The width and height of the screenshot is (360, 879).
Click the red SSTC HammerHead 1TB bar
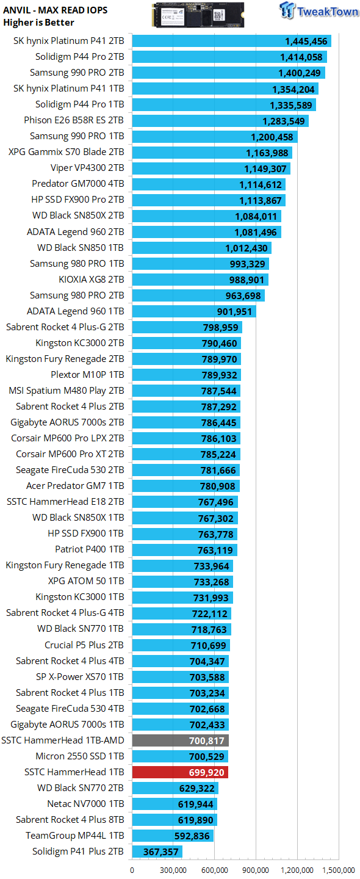tap(180, 772)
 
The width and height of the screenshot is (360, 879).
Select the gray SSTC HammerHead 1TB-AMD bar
tap(181, 740)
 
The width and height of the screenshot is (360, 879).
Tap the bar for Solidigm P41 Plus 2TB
tap(157, 851)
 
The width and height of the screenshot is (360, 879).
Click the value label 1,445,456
tap(306, 42)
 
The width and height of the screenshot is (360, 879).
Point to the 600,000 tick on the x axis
tap(214, 870)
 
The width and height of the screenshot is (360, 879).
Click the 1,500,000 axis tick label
tap(339, 870)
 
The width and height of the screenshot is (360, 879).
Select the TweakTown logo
tap(319, 10)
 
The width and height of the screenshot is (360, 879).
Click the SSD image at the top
tap(198, 15)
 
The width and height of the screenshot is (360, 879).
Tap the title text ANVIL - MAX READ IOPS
tap(56, 10)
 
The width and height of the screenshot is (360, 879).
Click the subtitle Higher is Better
tap(38, 23)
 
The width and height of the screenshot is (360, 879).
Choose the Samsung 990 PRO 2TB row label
tap(77, 73)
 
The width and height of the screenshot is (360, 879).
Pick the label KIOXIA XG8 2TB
tap(92, 280)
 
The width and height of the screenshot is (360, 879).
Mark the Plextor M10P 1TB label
tap(87, 375)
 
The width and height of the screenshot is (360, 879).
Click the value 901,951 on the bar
tap(234, 311)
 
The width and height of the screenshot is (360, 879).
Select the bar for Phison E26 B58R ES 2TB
tap(220, 120)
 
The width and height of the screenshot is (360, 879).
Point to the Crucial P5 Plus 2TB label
tap(84, 645)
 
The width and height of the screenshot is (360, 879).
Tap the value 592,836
tap(192, 836)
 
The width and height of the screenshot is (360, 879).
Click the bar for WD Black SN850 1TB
tap(201, 248)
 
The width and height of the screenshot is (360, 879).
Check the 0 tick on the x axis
tap(132, 870)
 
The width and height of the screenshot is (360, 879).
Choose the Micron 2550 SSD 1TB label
tap(80, 756)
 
